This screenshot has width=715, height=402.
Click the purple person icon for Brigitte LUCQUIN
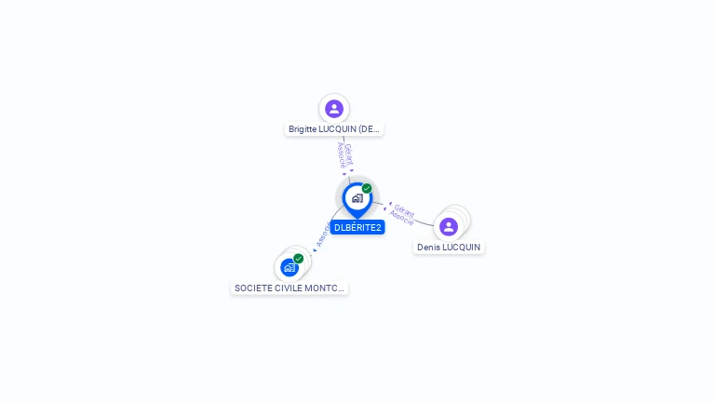point(334,109)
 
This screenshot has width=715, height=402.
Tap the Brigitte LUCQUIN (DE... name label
point(334,129)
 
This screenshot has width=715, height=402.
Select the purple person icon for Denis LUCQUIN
point(449,227)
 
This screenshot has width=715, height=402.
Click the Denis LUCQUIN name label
point(449,248)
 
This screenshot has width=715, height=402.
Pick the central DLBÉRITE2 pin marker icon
point(357,198)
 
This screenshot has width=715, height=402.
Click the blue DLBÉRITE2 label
point(357,227)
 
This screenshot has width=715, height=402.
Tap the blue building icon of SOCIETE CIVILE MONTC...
point(290,268)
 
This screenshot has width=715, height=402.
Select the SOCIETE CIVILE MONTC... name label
point(290,288)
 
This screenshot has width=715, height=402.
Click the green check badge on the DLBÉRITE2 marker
point(367,189)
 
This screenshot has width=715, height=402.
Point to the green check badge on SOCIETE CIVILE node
point(298,259)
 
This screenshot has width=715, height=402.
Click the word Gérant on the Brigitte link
point(348,153)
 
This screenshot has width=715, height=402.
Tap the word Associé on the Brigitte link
point(341,155)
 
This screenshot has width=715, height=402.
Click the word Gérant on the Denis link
point(404,209)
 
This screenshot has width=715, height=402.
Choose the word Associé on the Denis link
point(401,218)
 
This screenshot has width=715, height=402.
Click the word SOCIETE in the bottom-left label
point(252,288)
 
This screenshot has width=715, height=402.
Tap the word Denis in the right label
point(428,248)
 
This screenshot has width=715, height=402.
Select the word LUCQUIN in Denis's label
point(461,248)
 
